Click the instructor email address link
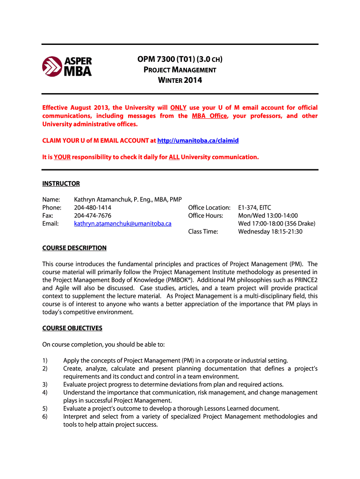coord(122,224)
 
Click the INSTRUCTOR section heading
coord(61,183)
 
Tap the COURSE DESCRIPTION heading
coord(74,248)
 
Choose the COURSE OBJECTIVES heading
coord(72,328)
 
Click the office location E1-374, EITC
coord(254,208)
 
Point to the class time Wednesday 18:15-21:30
coord(270,232)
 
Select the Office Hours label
coord(206,216)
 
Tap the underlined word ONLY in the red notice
coord(178,108)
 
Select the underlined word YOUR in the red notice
coord(62,157)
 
